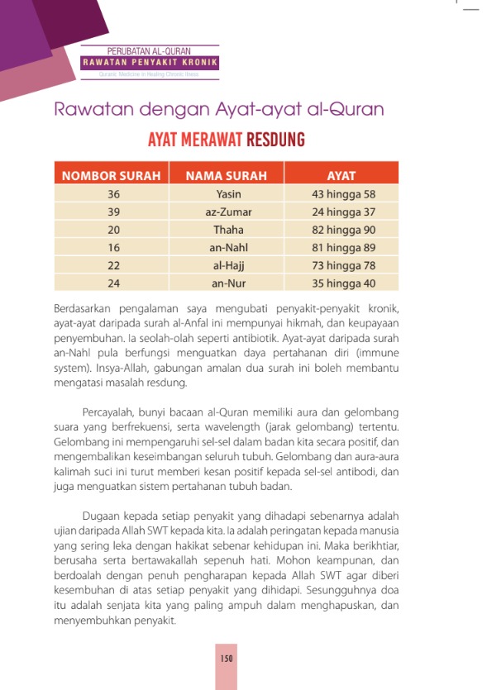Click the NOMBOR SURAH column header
(x=112, y=176)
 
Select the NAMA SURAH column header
(x=227, y=176)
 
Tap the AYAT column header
(x=341, y=176)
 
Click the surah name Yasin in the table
(x=228, y=194)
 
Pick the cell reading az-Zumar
(x=228, y=212)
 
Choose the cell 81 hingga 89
(x=340, y=247)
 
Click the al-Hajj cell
(x=228, y=265)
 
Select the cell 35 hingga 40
(x=340, y=283)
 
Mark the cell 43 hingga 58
(x=340, y=194)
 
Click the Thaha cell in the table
(x=228, y=230)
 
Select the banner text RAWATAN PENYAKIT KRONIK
(x=150, y=63)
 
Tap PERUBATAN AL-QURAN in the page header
(x=150, y=52)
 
